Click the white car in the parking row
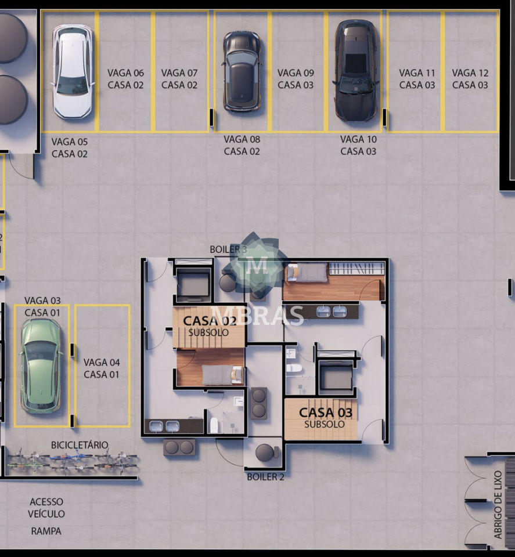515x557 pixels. [73, 72]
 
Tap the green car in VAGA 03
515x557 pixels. [41, 366]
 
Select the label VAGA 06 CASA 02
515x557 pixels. [125, 79]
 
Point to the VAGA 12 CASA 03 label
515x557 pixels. [470, 79]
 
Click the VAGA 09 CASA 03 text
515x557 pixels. [296, 79]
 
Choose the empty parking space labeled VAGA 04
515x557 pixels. [102, 366]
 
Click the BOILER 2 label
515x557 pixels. [265, 477]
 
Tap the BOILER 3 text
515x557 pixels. [228, 249]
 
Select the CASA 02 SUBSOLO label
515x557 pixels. [210, 325]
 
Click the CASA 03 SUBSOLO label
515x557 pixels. [325, 417]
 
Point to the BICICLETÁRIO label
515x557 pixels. [80, 445]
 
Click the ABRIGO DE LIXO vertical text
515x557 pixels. [498, 504]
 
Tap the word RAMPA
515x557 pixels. [46, 531]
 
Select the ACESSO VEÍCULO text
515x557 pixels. [46, 508]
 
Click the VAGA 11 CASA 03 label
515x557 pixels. [417, 79]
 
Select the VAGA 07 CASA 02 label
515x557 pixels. [179, 79]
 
